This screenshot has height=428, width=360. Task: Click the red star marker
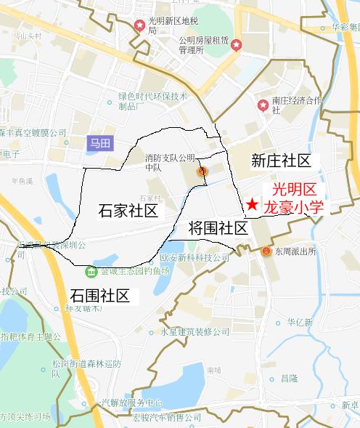coord(250,205)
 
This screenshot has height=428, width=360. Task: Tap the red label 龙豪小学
coord(292,206)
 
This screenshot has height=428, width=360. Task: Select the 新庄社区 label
coord(281,161)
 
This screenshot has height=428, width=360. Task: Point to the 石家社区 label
coord(128,211)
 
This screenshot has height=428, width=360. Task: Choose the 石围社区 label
coord(99,296)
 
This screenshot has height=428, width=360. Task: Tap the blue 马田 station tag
coord(99,143)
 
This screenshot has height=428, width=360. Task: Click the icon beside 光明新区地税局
coord(139,26)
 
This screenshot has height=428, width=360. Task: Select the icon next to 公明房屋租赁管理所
coord(237,45)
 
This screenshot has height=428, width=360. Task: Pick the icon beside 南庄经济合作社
coord(263,105)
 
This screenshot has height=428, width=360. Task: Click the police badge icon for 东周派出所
coord(266,251)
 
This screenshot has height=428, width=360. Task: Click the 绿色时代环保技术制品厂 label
coord(153,101)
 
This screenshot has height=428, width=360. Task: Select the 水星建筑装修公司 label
coord(195,332)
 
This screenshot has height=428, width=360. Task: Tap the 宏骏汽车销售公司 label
coord(168,417)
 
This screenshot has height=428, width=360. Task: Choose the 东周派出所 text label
coord(295,252)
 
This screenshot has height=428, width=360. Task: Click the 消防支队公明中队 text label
coord(170,162)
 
